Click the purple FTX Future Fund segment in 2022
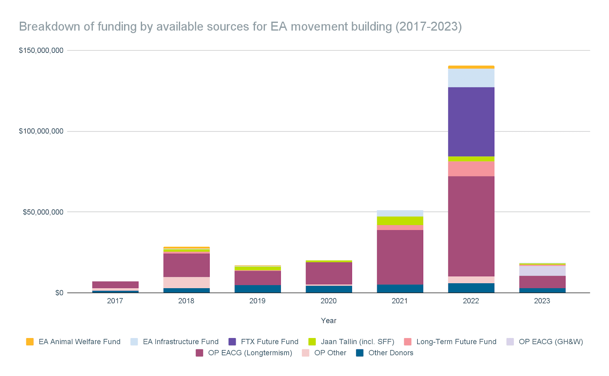pos(471,122)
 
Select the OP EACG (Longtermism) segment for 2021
pos(400,257)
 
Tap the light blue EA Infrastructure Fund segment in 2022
pos(471,78)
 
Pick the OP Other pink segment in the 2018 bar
pos(186,282)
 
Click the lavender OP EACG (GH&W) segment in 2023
pos(542,271)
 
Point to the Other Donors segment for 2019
pos(257,289)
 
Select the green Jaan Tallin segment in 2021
pos(400,221)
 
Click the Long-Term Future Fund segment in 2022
pos(471,169)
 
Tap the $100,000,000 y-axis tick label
pos(41,131)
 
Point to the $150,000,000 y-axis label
pos(41,51)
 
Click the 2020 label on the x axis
pos(328,301)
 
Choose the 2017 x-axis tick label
pos(115,301)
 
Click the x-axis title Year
pos(328,320)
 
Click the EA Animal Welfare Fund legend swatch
pos(30,342)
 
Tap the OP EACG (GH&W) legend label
pos(551,342)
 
